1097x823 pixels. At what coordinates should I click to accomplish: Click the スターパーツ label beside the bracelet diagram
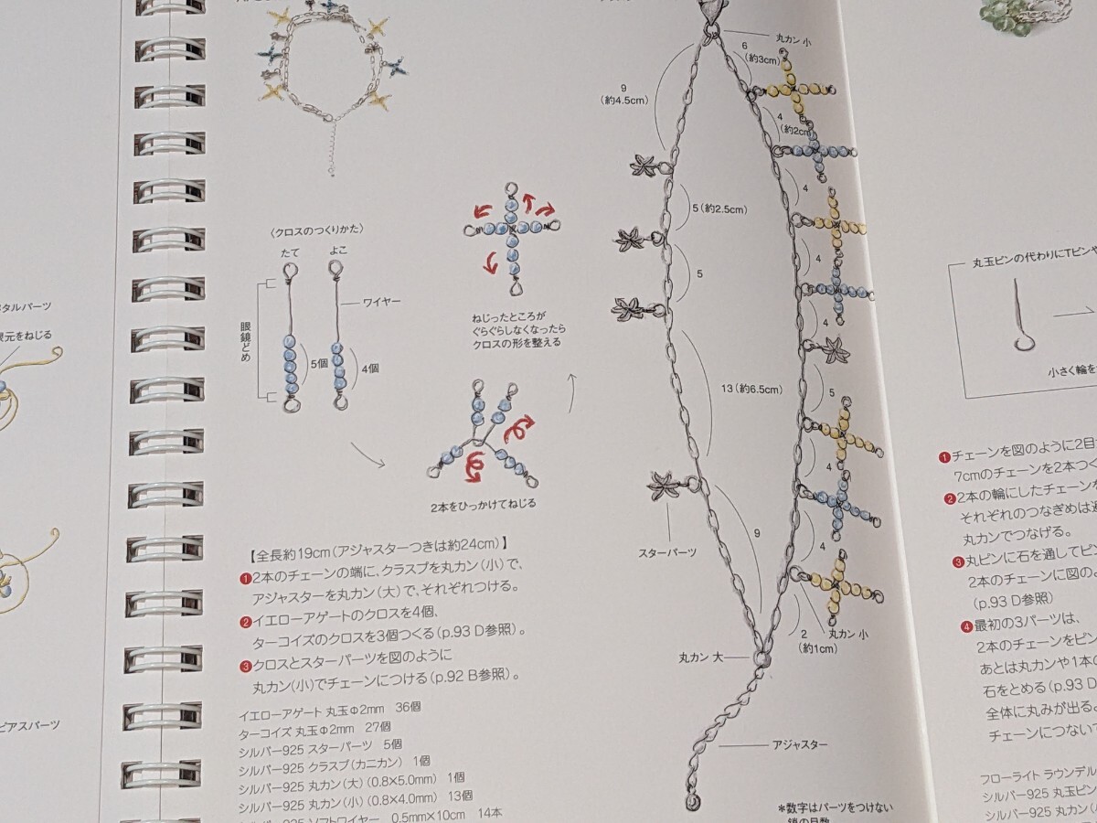667,552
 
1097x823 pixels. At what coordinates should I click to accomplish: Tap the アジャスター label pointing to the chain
799,744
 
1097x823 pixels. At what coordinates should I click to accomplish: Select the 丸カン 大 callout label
701,655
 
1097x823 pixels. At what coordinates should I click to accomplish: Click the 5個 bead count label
319,363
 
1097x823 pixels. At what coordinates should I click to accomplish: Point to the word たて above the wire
288,251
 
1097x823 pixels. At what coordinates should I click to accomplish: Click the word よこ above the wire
335,251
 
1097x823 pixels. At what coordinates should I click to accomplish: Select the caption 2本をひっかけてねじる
481,505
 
